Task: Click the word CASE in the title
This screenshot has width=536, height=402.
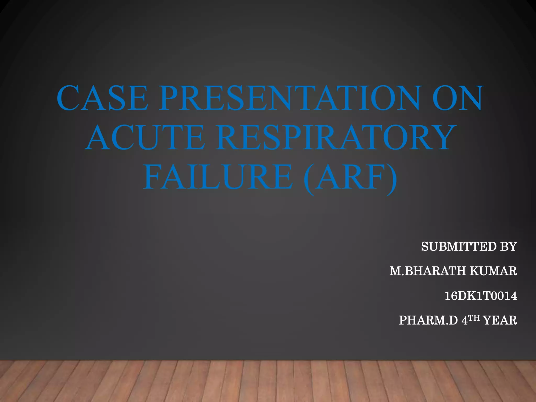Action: (103, 98)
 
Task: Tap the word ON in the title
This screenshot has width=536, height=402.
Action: (457, 98)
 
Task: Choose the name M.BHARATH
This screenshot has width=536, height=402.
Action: (428, 271)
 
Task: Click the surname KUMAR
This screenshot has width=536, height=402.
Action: (493, 271)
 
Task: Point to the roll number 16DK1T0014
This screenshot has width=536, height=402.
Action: (481, 296)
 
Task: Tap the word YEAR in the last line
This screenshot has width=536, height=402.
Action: (500, 320)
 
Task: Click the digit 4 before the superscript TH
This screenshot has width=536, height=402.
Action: (465, 320)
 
